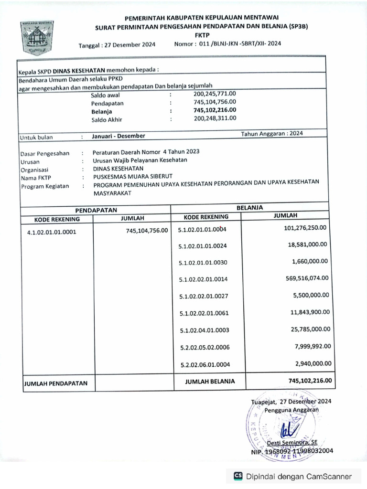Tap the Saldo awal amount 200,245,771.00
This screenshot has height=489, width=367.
click(215, 94)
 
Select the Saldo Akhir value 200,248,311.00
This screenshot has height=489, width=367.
click(215, 118)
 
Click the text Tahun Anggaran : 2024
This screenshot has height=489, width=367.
click(272, 134)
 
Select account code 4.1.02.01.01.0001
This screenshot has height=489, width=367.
click(52, 233)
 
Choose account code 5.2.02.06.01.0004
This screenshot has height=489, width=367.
click(205, 365)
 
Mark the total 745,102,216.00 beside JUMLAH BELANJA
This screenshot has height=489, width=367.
click(311, 381)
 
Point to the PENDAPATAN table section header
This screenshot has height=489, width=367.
click(96, 210)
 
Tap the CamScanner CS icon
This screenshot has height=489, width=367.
click(238, 476)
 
